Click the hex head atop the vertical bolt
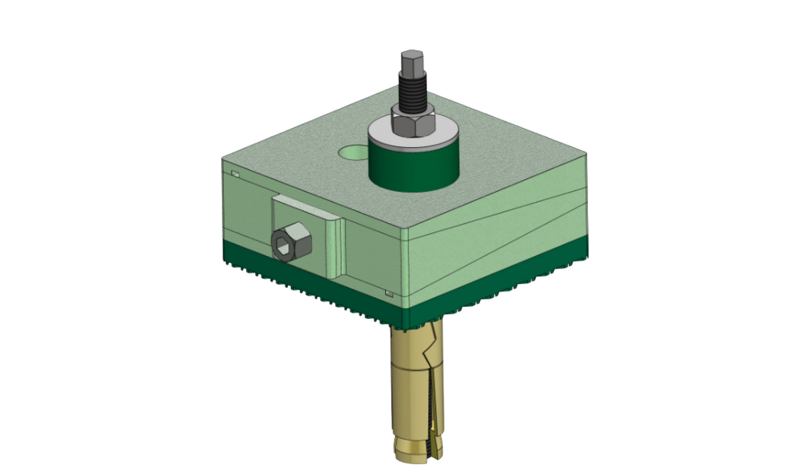[412, 63]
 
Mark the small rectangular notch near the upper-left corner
[235, 174]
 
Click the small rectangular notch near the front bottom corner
[389, 294]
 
